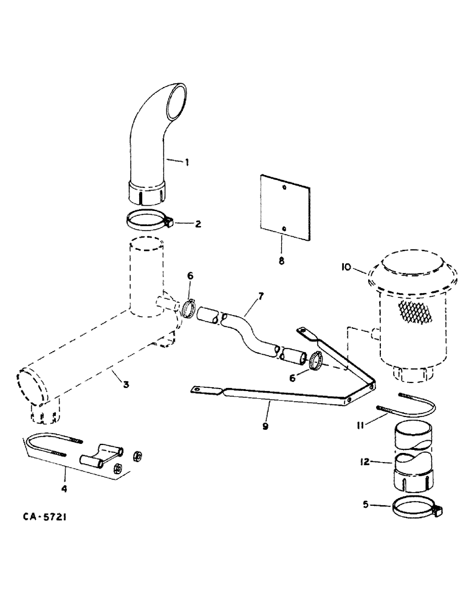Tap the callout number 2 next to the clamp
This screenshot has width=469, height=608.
click(198, 224)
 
